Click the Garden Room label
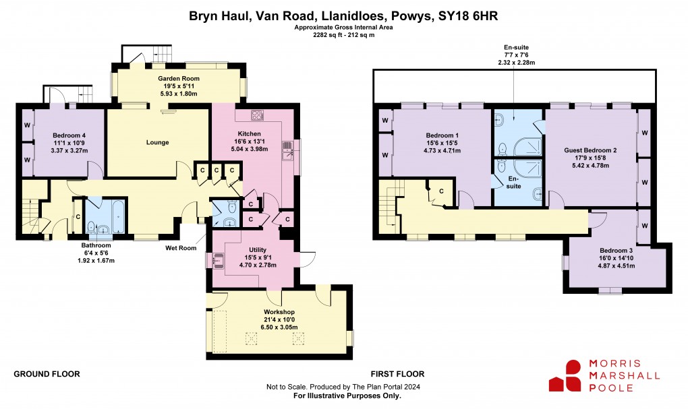point(179,79)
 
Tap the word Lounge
point(157,142)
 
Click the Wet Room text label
point(181,247)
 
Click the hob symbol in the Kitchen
point(257,114)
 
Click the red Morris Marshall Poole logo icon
point(565,375)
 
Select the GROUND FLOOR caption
point(47,374)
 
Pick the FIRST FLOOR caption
point(397,374)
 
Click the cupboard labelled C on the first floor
point(442,192)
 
